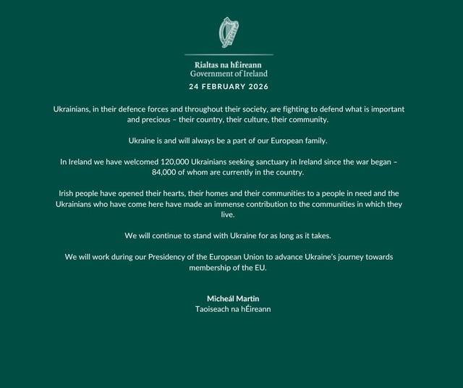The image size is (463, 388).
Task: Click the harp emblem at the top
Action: coord(229,33)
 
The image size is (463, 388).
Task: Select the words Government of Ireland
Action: coord(229,73)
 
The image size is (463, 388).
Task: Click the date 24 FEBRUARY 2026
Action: coord(229,87)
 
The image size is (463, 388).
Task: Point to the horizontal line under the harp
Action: coord(229,54)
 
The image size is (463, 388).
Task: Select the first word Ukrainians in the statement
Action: coord(76,109)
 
